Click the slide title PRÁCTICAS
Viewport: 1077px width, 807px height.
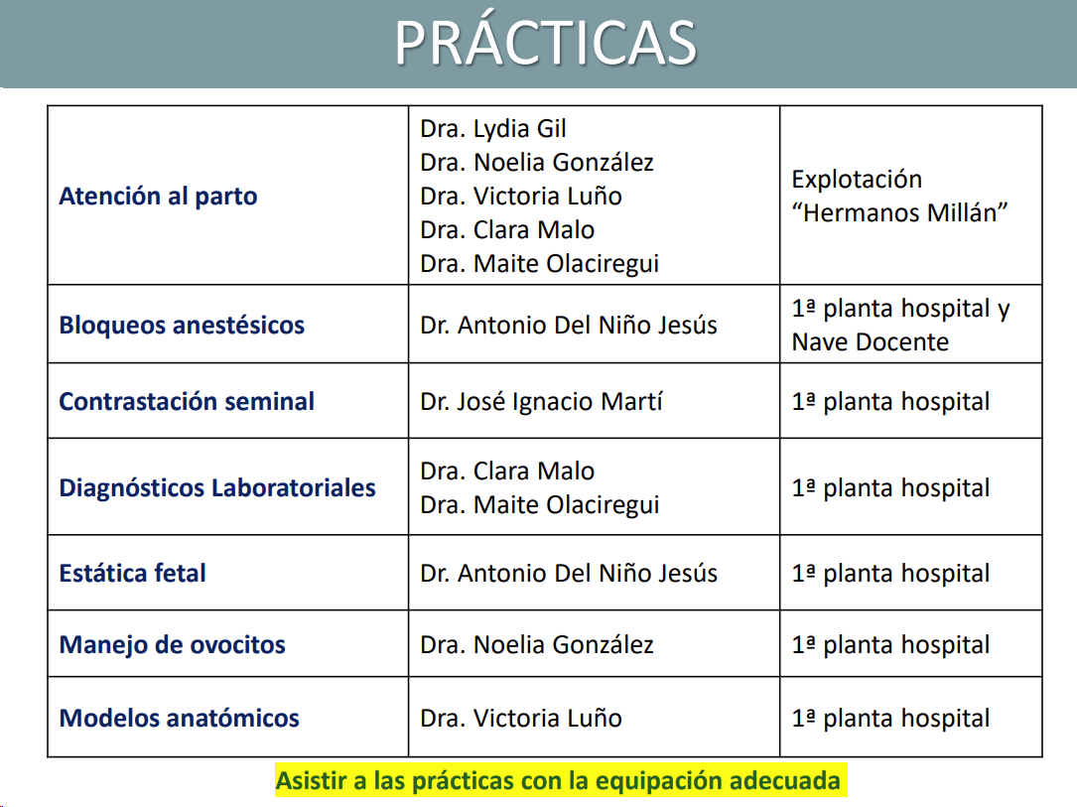point(545,42)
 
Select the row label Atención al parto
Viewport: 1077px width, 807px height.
point(158,197)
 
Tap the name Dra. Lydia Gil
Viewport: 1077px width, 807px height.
point(493,128)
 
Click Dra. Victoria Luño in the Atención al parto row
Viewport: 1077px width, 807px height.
point(521,197)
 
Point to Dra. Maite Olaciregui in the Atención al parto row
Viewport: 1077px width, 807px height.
point(540,264)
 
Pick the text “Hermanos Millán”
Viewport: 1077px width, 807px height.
point(899,212)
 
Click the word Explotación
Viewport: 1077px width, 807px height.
point(858,180)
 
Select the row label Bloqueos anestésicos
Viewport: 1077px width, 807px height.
point(182,325)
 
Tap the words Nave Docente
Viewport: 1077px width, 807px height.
point(871,342)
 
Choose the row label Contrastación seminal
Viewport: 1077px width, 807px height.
point(187,401)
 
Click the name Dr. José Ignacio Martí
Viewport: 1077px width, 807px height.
point(541,402)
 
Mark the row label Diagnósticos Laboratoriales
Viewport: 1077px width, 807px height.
point(217,487)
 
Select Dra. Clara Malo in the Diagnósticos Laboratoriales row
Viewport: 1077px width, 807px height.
point(507,471)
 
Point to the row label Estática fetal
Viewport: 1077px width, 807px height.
point(133,573)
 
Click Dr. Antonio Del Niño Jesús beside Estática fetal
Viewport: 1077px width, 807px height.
point(569,574)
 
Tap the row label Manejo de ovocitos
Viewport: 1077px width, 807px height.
point(173,645)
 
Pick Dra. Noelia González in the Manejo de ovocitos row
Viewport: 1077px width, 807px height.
point(537,645)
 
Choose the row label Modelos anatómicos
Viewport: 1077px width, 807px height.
point(180,719)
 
